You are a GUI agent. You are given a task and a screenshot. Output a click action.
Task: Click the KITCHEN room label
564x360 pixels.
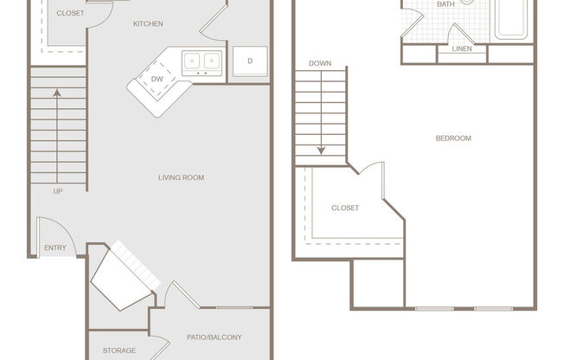pos(148,23)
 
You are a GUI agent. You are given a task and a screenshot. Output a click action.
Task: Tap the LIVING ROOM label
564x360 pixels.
pos(181,177)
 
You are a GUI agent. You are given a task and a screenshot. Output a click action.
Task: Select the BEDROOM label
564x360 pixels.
pos(453,138)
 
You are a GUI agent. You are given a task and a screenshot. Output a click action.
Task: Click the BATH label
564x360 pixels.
pos(445,4)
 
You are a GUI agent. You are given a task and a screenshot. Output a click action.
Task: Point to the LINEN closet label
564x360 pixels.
pos(461,48)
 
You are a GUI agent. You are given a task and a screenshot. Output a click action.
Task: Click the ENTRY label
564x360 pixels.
pos(54,248)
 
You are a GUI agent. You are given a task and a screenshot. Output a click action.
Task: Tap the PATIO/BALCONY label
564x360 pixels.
pos(214,337)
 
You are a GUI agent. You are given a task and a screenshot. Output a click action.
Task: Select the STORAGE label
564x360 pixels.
pos(119,350)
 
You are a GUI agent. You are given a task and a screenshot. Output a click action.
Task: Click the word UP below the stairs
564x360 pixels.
pos(58,191)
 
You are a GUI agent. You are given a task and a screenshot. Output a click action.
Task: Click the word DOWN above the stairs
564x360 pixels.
pos(320,63)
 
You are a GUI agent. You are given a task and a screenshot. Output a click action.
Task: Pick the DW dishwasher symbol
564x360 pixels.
pos(157,80)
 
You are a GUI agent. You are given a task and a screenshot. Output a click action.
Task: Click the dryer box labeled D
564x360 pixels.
pos(250,61)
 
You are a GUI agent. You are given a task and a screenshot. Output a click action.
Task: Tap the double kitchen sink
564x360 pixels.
pos(202,62)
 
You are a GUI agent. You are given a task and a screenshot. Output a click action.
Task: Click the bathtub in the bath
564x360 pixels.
pos(511,19)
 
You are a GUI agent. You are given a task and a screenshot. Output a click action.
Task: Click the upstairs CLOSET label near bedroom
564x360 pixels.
pos(345,208)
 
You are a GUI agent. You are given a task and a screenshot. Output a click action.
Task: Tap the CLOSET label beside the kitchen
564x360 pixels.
pos(70,14)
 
